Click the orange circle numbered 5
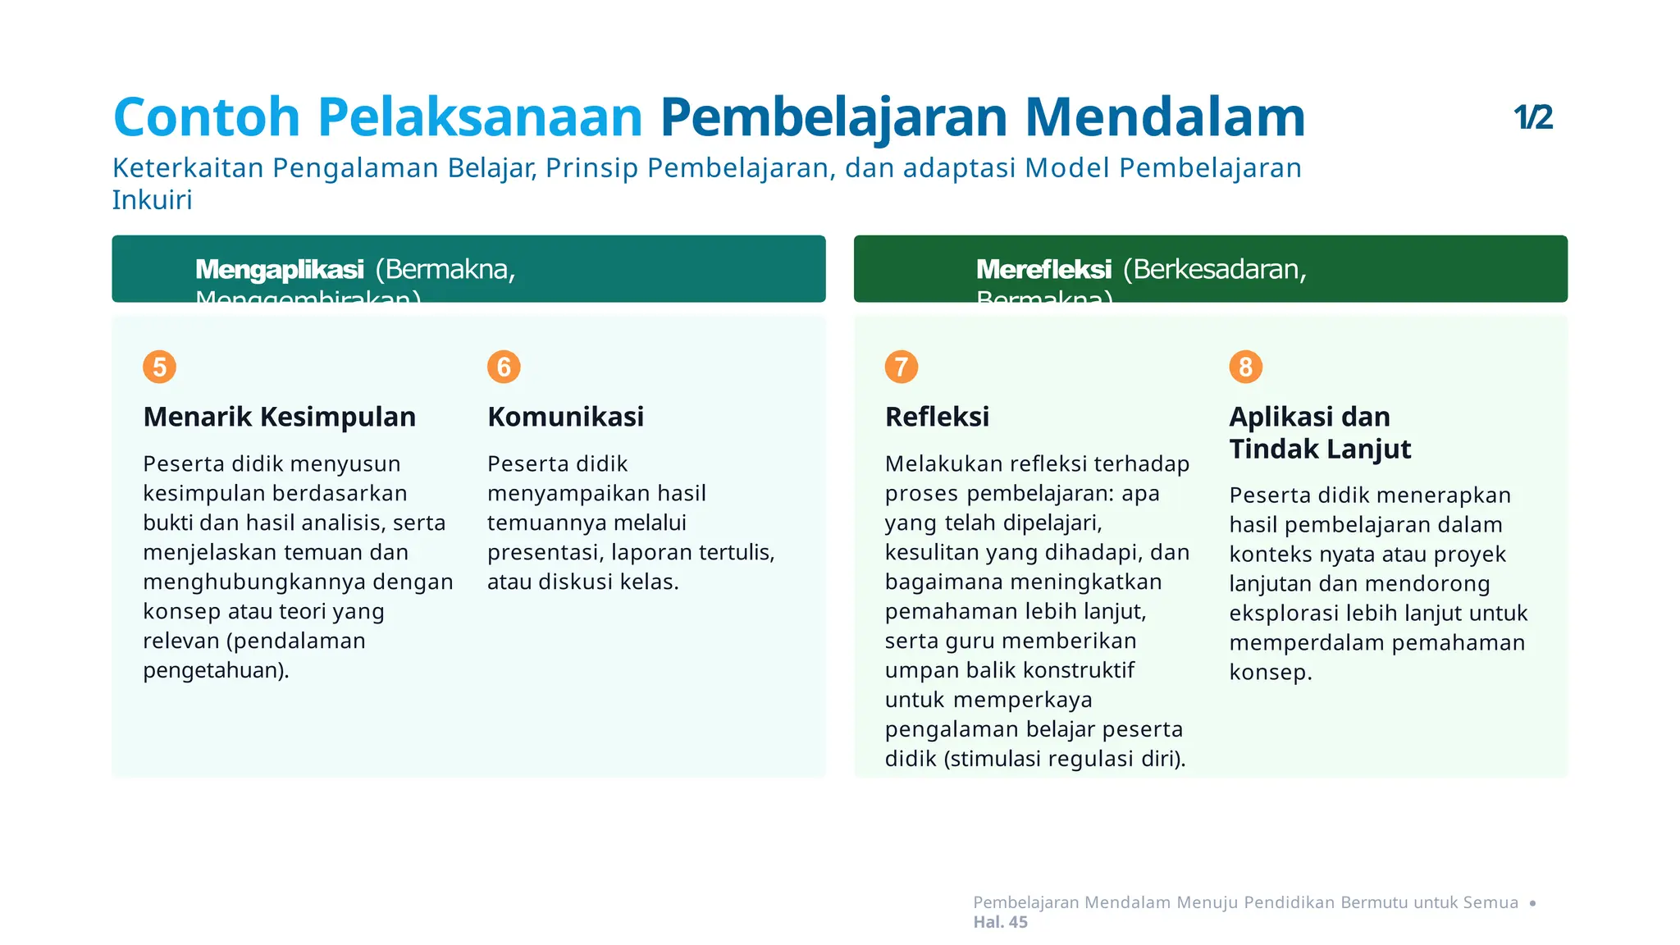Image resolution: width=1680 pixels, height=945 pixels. (160, 367)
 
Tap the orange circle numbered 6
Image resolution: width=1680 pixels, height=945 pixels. (504, 367)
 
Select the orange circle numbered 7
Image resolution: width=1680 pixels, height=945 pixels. (901, 367)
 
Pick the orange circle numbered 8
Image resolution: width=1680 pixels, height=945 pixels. (1245, 367)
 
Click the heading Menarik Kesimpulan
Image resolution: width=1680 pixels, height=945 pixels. (279, 417)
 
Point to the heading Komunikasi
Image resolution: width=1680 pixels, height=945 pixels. (565, 417)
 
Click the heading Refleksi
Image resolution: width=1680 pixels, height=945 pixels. (937, 417)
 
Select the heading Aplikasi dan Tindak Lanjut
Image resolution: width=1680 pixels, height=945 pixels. (1319, 432)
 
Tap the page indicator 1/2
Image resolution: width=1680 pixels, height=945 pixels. (1532, 117)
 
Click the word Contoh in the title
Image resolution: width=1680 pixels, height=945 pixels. (207, 116)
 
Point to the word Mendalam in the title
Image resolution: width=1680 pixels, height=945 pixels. (1165, 116)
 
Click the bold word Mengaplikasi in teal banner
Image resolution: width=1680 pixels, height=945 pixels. (279, 269)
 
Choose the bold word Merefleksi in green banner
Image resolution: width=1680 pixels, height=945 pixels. (1043, 269)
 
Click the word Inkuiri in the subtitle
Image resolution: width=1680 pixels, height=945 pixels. (152, 200)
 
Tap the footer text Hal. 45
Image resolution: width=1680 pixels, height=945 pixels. (1000, 922)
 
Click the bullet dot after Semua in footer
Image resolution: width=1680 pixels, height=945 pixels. (1532, 903)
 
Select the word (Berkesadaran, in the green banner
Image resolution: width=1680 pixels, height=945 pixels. (1214, 269)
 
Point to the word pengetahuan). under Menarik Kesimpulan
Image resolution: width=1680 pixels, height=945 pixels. (216, 670)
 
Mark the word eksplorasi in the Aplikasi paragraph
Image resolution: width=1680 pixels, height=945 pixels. (1284, 614)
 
